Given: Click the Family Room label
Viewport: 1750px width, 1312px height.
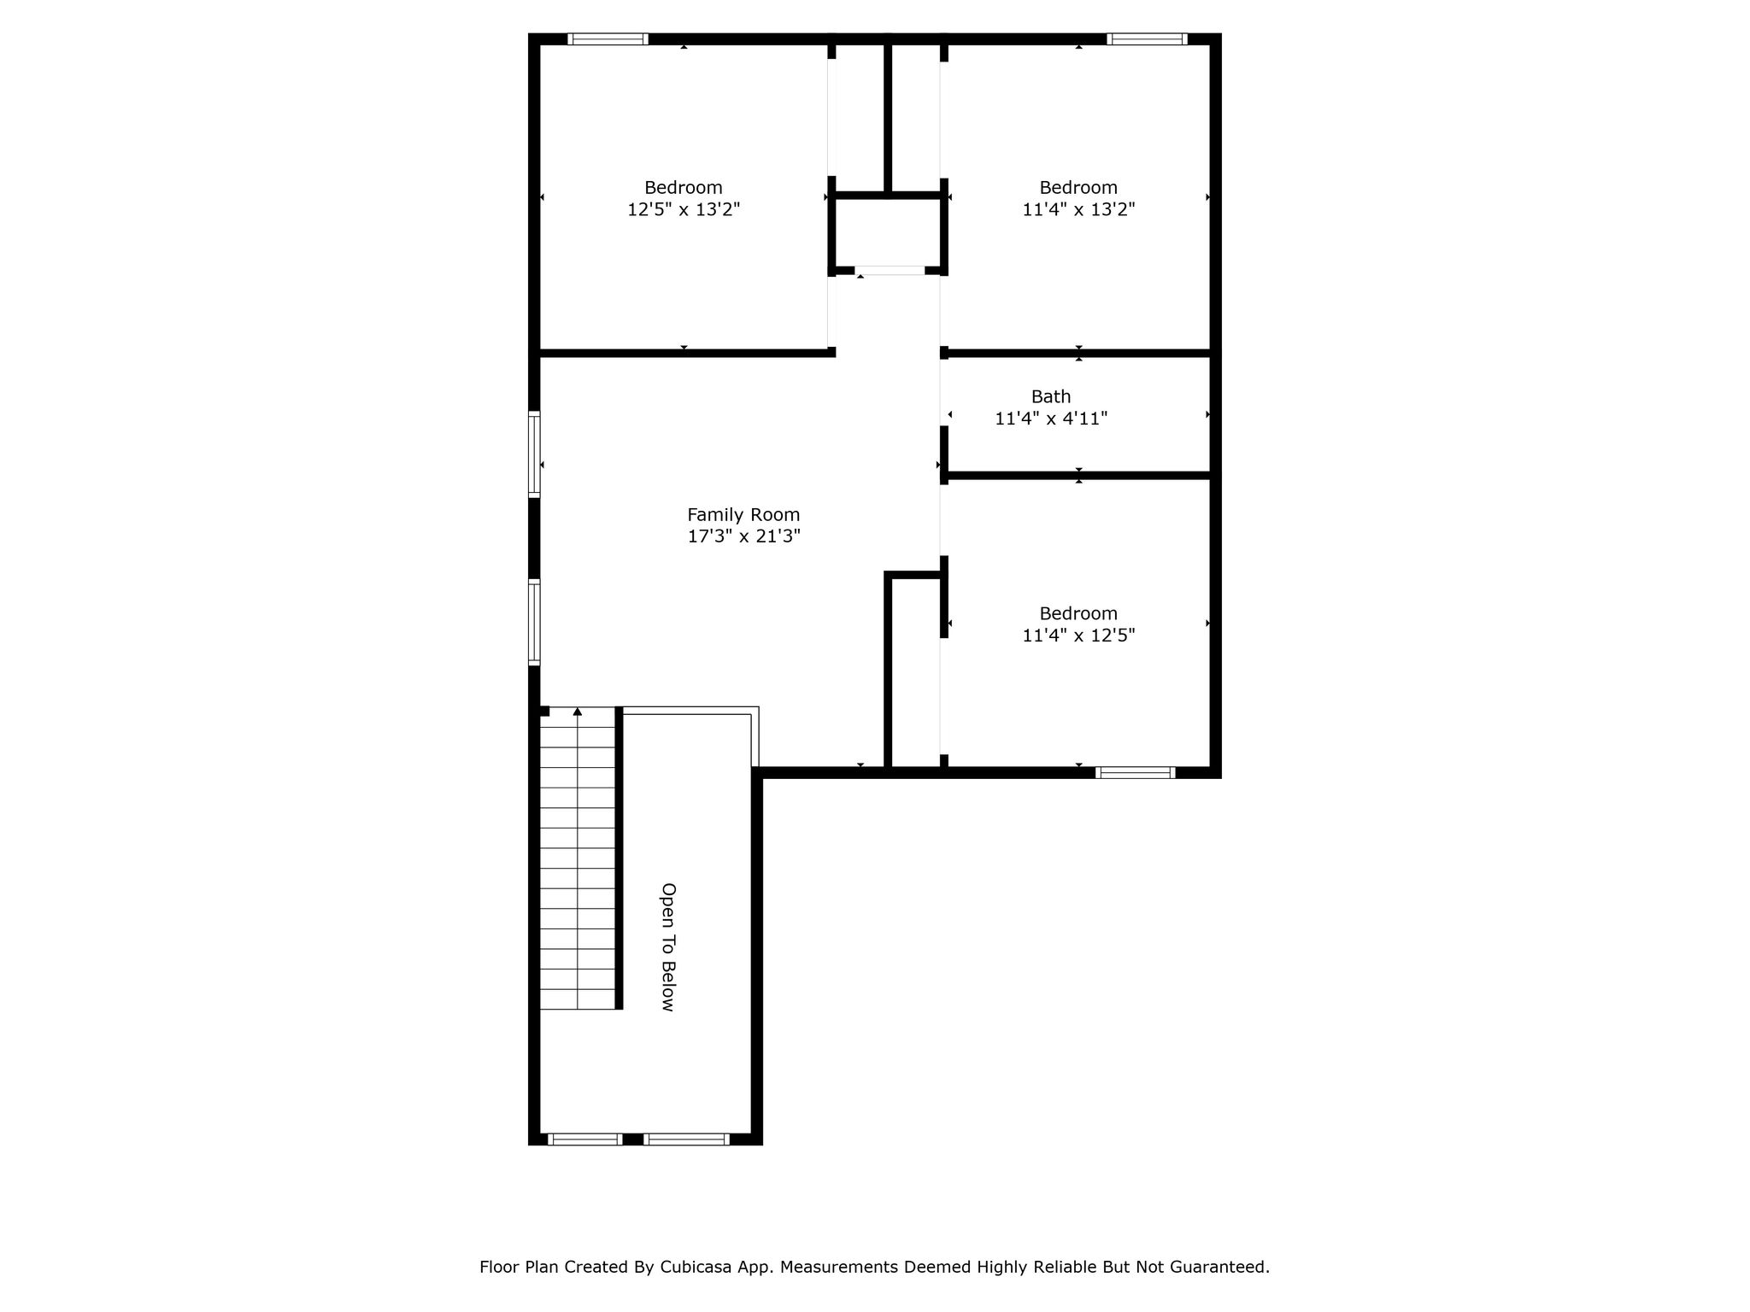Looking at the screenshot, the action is [743, 515].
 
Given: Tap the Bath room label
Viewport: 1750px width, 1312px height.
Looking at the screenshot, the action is [1051, 396].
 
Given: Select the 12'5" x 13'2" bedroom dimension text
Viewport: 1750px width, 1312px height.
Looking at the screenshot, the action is [684, 209].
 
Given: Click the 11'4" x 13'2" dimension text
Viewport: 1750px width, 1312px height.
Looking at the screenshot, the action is [1078, 209].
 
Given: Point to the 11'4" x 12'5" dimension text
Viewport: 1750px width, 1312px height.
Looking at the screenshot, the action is [1078, 635].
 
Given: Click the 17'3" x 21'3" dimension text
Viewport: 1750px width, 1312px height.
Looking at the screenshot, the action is [743, 536].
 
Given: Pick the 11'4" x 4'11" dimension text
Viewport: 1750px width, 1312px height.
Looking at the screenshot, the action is [1051, 419].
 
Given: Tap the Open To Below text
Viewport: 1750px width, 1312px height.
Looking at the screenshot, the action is [668, 946].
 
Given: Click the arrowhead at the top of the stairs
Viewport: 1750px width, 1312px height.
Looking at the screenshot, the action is [578, 711].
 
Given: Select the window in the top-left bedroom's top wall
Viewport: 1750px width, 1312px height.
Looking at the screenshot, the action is [608, 38].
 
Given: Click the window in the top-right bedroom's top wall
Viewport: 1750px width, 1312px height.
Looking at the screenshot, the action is [1147, 38].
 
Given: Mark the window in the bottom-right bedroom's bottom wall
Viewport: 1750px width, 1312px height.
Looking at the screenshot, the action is [1136, 773].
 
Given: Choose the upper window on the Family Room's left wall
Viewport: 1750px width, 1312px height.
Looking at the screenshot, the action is [534, 454].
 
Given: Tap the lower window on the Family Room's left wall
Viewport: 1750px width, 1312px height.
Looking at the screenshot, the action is [534, 622].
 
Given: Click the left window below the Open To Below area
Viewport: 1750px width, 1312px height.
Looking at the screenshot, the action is [584, 1139].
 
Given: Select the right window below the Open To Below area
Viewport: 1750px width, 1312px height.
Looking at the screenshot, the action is [686, 1139].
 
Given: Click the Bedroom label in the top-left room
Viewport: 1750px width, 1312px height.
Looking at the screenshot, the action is [684, 188].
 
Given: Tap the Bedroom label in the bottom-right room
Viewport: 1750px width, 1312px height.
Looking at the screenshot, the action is [1078, 613].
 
